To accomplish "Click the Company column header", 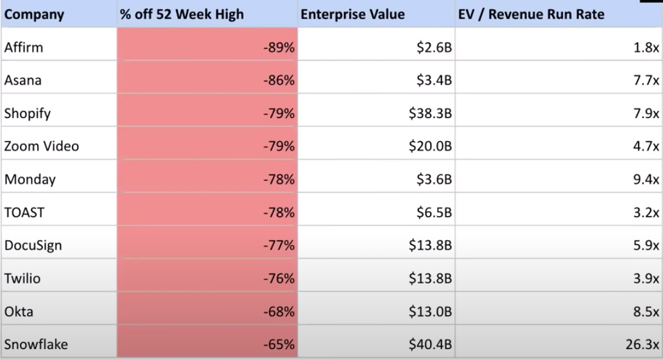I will pos(34,15).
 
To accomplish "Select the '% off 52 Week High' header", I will pos(182,15).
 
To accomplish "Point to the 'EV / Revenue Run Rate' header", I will pos(531,15).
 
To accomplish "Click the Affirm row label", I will pos(23,47).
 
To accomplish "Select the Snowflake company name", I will pos(36,345).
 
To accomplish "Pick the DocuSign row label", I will pos(33,245).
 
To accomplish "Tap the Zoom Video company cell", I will pos(42,146).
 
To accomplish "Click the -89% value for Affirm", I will pos(279,47).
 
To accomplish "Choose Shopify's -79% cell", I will pos(279,114).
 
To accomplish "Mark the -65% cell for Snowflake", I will pos(279,345).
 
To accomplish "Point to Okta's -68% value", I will pos(279,312).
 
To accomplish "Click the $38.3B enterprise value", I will pos(431,114).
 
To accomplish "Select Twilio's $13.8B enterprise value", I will pos(431,279).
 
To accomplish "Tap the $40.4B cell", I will pos(431,345).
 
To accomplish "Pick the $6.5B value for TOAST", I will pos(435,212).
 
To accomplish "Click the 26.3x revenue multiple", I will pos(642,345).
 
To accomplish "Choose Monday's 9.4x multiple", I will pos(646,180).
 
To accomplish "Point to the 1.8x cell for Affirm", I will pos(646,47).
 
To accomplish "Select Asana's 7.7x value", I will pos(646,80).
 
